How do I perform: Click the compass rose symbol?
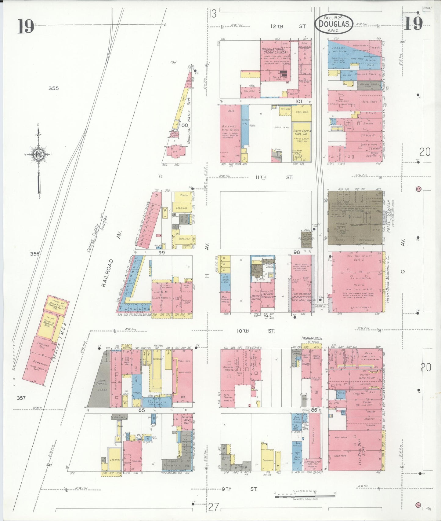[39, 154]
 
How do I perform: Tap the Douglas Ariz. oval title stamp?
[334, 24]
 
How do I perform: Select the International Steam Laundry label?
[275, 51]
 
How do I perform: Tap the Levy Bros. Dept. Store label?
[361, 449]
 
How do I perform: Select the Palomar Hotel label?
[312, 338]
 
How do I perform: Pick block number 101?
[298, 101]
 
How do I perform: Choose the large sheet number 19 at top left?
[26, 26]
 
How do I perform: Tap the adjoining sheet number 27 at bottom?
[214, 507]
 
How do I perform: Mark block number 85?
[141, 410]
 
